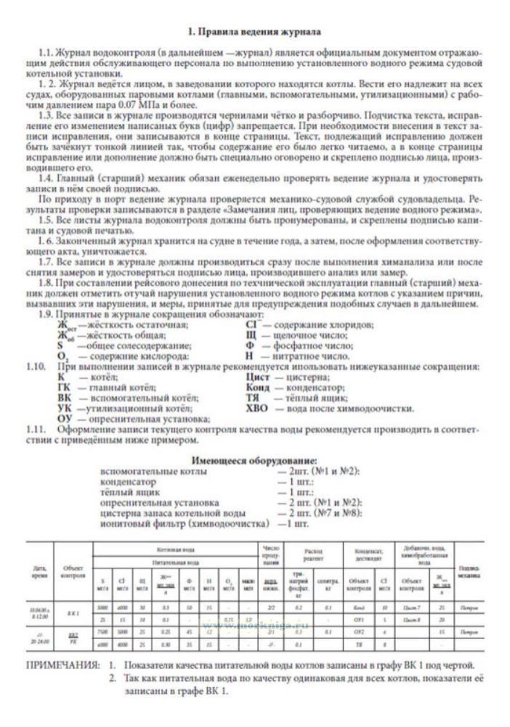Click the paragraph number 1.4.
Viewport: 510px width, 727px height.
pyautogui.click(x=47, y=178)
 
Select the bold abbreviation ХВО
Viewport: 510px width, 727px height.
pyautogui.click(x=257, y=408)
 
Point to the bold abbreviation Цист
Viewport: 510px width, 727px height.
pyautogui.click(x=258, y=377)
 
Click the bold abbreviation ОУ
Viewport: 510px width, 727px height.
pyautogui.click(x=65, y=419)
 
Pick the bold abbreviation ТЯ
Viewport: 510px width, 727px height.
pyautogui.click(x=253, y=398)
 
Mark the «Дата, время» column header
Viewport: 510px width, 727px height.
pyautogui.click(x=40, y=573)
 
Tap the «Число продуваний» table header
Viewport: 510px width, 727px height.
pyautogui.click(x=271, y=555)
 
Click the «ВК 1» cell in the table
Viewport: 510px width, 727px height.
pyautogui.click(x=73, y=613)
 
